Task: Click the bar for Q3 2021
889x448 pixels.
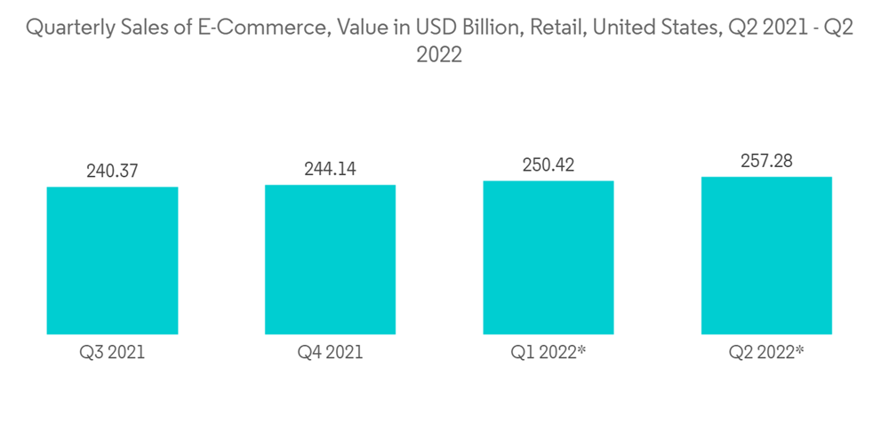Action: pos(112,260)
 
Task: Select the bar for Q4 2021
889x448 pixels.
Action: pos(330,260)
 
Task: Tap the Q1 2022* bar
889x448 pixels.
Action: pos(549,258)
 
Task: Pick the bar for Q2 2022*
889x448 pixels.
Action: pos(766,255)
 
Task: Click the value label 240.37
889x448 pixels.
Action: pos(112,171)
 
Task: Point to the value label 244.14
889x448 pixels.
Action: pos(330,169)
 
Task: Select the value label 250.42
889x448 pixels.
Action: pos(549,164)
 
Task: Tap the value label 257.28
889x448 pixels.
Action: pos(766,161)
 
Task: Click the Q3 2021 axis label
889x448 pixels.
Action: pos(112,353)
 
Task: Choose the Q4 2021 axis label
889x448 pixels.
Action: pos(330,353)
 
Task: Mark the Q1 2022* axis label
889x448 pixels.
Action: pos(549,353)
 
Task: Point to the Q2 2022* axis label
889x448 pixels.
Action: pos(766,353)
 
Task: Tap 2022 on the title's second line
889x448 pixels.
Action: pos(439,55)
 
